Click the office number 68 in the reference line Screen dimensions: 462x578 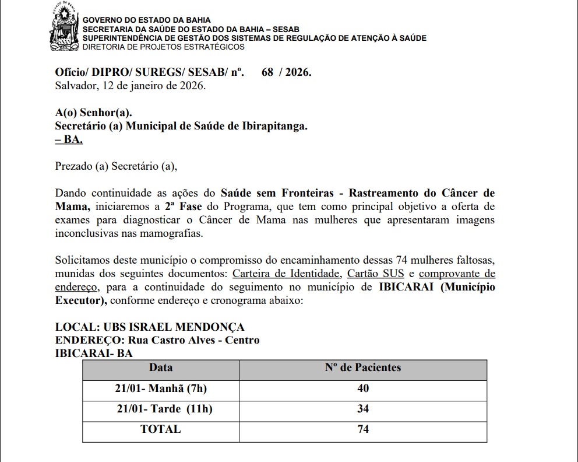(x=268, y=73)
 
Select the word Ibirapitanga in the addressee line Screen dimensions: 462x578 (x=273, y=126)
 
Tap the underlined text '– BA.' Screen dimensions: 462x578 (x=69, y=140)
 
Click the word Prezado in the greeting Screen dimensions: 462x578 (x=73, y=166)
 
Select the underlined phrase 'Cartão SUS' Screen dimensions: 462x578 (x=373, y=273)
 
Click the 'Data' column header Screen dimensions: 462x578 (x=161, y=367)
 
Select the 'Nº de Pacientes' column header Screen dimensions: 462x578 (x=362, y=367)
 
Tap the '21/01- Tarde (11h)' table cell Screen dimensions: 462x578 (x=164, y=409)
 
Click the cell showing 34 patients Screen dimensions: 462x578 (x=362, y=409)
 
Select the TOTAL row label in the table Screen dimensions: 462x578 (x=161, y=429)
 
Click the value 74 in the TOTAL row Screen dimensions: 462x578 (x=362, y=429)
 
